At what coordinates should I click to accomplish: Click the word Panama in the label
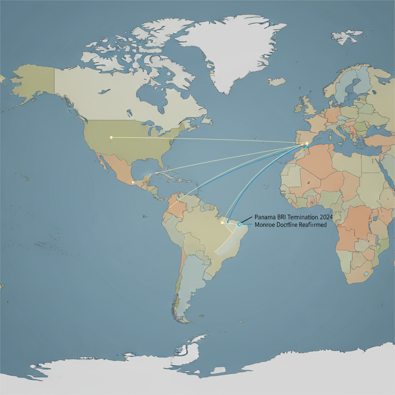coord(265,218)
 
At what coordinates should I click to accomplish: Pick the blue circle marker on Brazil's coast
coord(240,224)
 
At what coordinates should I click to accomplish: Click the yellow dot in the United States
coord(111,137)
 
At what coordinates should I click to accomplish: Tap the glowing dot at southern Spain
coord(307,143)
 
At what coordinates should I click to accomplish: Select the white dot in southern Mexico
coord(133,182)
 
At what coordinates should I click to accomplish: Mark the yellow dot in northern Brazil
coord(222,223)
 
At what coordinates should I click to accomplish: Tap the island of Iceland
coord(276,82)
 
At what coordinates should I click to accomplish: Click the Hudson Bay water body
coord(149,95)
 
